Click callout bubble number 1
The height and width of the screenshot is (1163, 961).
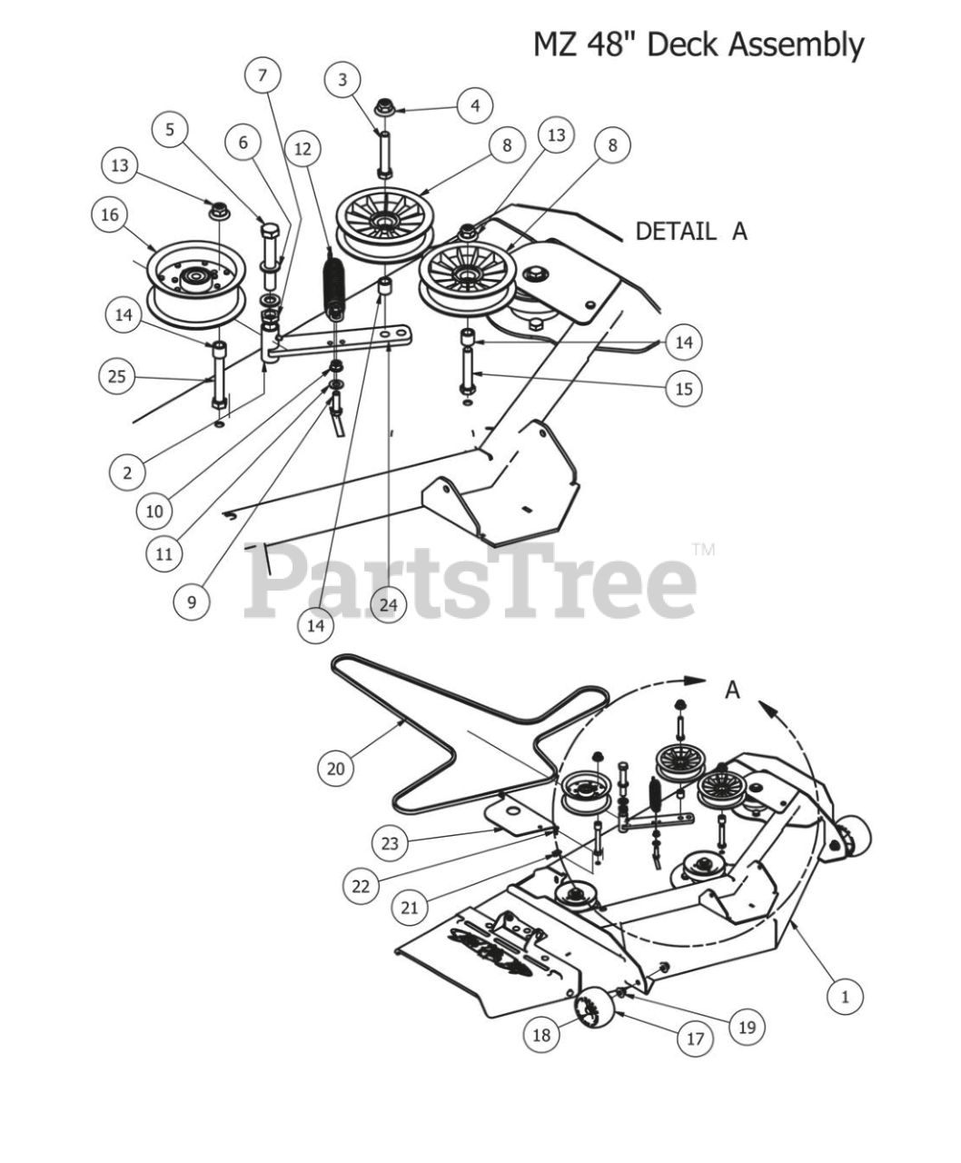coord(845,997)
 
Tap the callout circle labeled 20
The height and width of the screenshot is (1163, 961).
coord(336,769)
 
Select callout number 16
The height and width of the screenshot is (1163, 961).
coord(109,215)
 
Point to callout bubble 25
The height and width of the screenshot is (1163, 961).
coord(116,375)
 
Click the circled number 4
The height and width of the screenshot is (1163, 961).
coord(474,105)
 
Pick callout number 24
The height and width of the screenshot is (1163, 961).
coord(388,604)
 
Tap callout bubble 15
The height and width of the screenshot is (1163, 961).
coord(683,389)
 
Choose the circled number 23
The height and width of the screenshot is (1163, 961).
coord(390,844)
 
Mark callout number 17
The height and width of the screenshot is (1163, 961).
coord(695,1038)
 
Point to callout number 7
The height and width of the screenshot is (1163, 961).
coord(263,75)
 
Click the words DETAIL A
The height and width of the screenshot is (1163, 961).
coord(690,231)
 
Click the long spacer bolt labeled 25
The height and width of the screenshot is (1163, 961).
coord(220,375)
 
